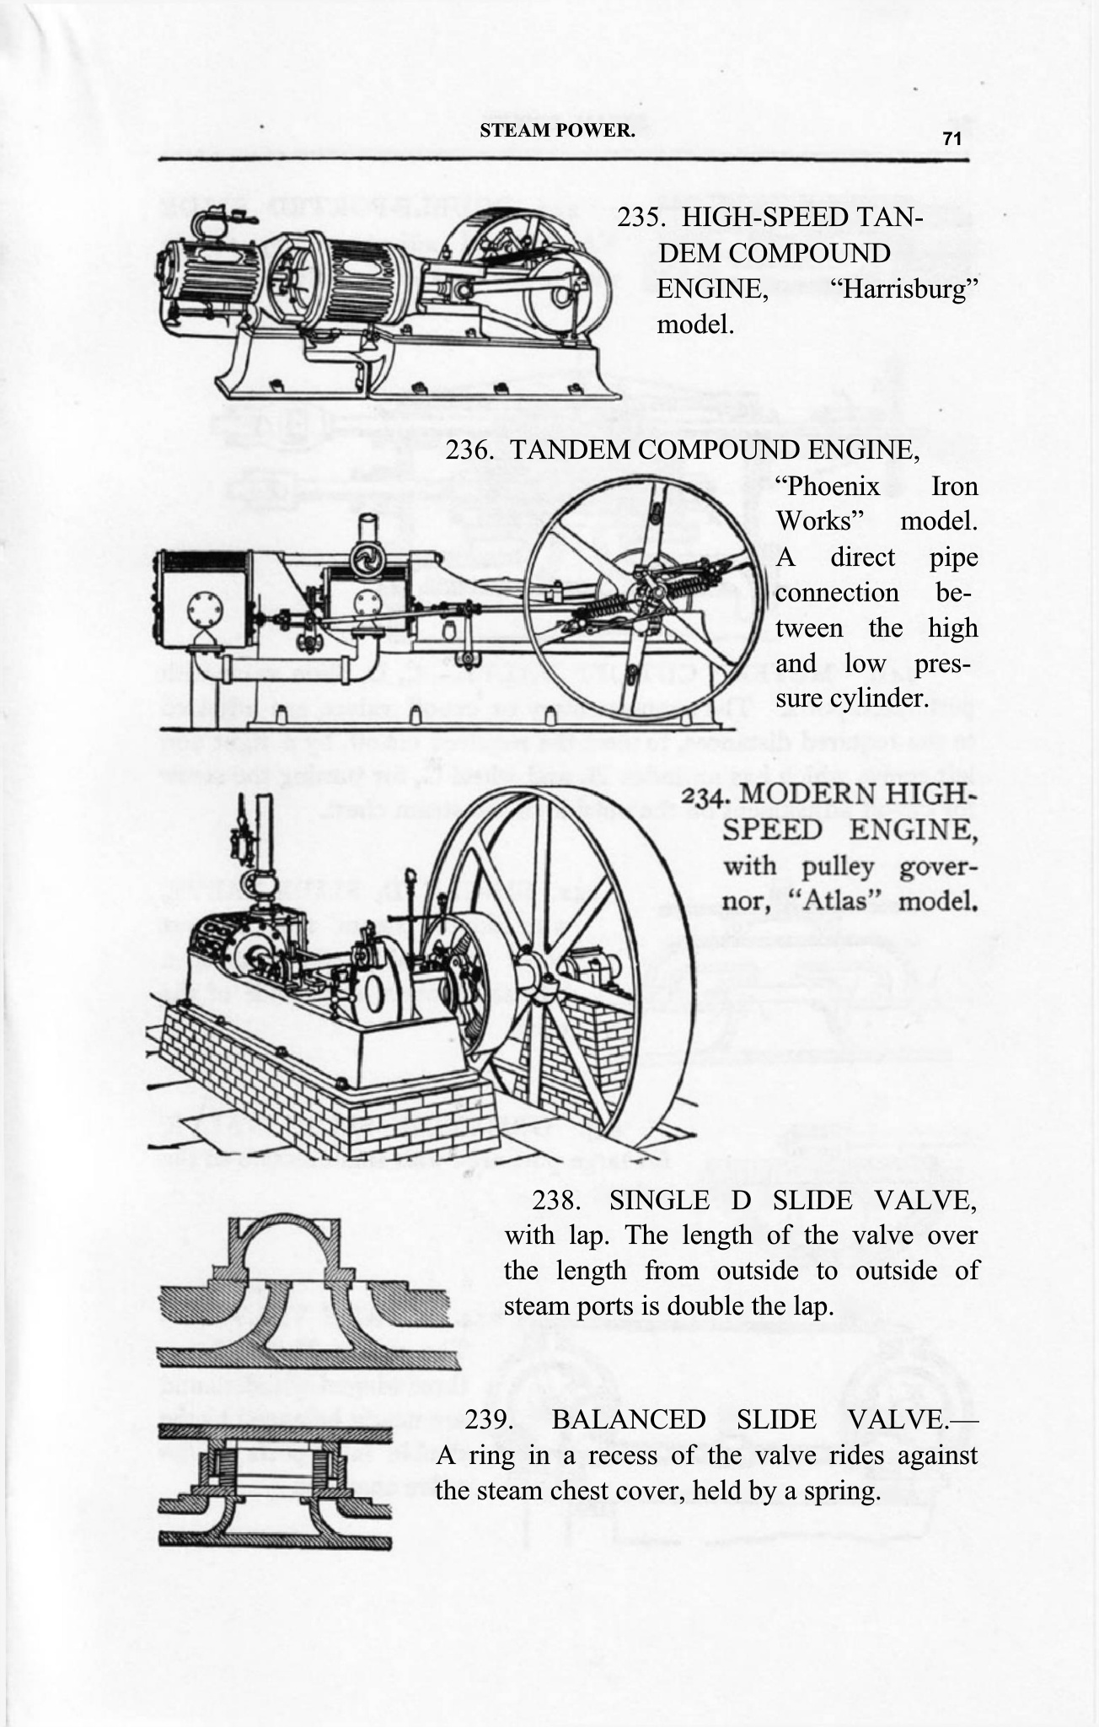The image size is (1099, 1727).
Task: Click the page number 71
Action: [952, 139]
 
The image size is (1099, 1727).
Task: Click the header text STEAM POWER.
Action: [557, 131]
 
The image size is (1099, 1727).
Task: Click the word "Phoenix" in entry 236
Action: [828, 487]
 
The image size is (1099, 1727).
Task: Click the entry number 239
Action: [491, 1419]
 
